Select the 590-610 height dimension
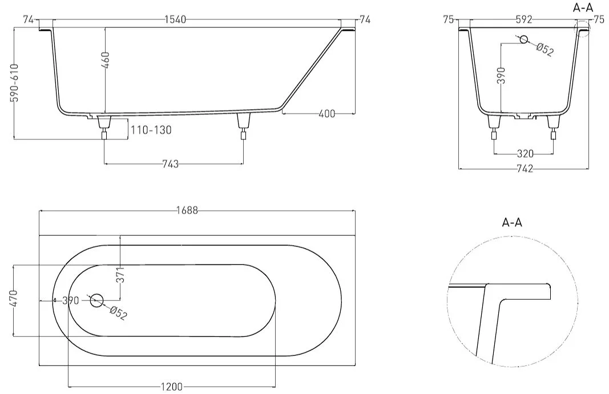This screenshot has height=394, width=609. click(x=14, y=83)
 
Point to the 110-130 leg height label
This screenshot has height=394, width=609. click(x=151, y=130)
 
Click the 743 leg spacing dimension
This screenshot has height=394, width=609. click(x=171, y=164)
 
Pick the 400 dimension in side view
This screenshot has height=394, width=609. click(x=326, y=114)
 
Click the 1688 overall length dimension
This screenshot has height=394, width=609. click(x=187, y=211)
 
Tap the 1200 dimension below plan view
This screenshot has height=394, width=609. click(x=171, y=387)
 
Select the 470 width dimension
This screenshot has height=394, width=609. click(x=14, y=300)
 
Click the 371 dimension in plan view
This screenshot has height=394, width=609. click(x=121, y=275)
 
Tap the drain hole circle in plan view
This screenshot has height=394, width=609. click(x=96, y=300)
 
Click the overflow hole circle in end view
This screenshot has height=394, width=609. click(x=524, y=39)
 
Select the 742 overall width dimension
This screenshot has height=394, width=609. click(x=525, y=168)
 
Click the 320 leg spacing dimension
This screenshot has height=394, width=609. click(x=525, y=154)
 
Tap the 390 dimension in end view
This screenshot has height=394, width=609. click(x=502, y=75)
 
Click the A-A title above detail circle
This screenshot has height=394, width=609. click(x=513, y=223)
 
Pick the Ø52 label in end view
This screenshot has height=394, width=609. click(x=545, y=49)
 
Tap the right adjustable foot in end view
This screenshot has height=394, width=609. click(x=553, y=127)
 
